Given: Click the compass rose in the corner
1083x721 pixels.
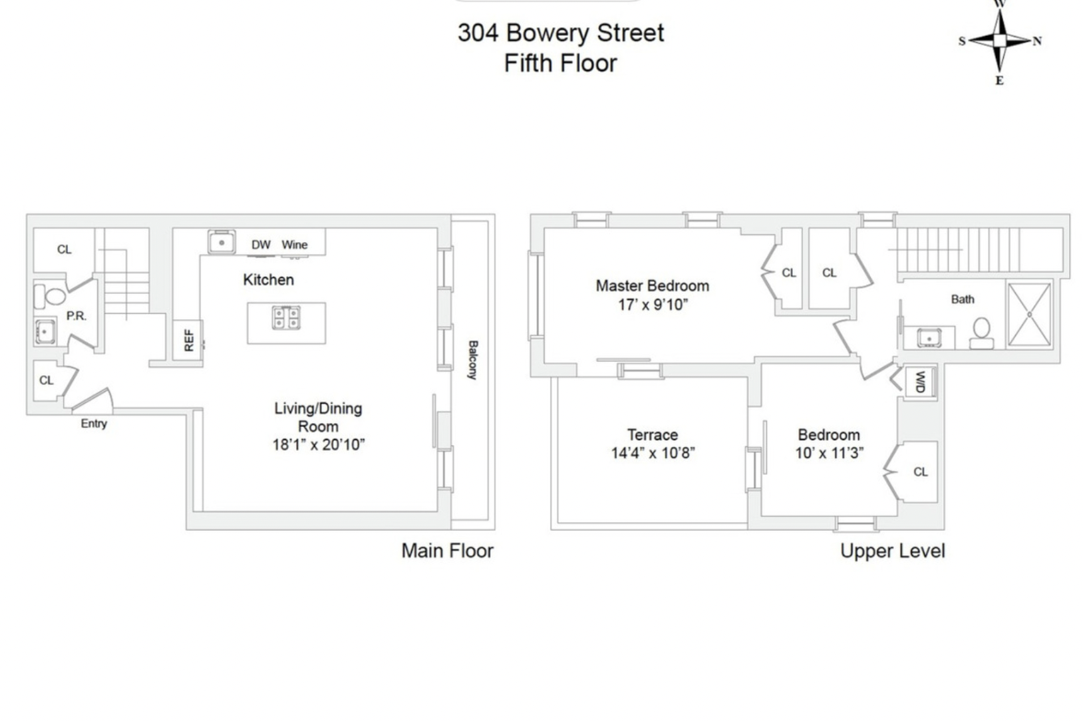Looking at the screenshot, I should point(999,41).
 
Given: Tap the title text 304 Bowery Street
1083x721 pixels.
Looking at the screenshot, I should point(560,33).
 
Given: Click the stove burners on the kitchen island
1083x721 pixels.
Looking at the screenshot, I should point(286,317).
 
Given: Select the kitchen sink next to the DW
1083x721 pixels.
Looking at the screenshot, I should point(222,242).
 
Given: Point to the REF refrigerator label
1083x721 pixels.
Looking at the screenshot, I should point(188,340).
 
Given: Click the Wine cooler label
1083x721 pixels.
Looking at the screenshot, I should point(294,245).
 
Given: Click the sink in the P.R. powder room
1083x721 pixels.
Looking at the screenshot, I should point(45,331).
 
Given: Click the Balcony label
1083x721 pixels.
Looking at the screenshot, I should point(472,360).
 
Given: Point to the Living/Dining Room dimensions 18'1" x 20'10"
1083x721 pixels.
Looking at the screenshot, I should point(319,444).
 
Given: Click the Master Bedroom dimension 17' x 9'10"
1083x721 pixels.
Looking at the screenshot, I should point(652,305).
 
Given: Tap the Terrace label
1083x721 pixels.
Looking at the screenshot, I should point(652,434).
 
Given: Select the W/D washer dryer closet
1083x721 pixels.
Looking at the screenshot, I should point(920,382).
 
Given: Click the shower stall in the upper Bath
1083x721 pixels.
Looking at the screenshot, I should point(1029,315).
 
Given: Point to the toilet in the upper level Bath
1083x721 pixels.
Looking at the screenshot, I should point(981,333).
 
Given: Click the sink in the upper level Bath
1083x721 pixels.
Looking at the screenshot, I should point(929,338).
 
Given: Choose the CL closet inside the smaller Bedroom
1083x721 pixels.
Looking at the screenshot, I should point(920,472).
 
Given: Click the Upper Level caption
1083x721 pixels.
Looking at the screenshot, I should point(892,551).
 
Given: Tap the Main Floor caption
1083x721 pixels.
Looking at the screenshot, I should point(447,551).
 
